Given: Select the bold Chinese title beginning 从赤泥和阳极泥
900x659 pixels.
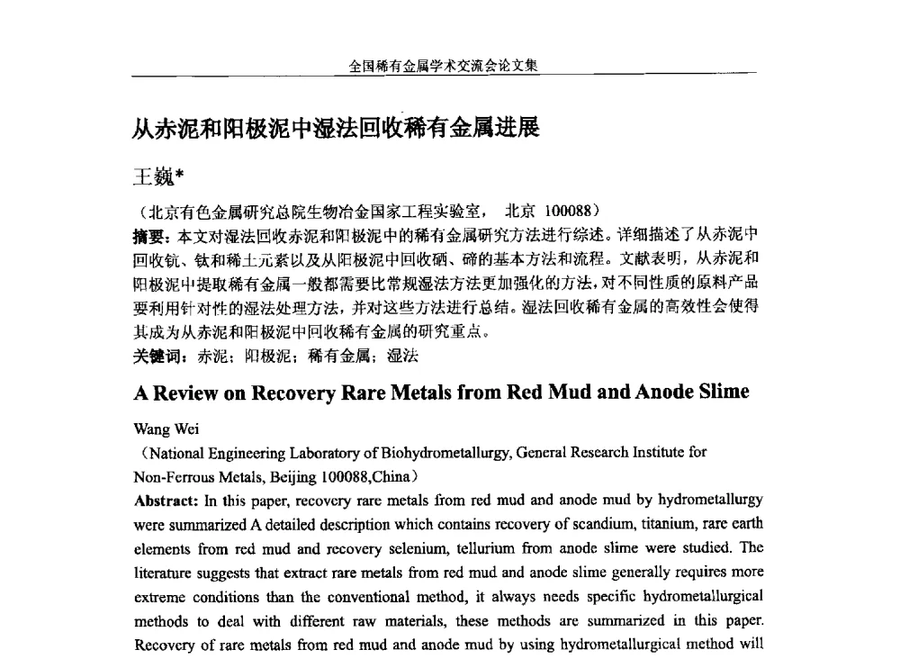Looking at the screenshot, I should tap(335, 129).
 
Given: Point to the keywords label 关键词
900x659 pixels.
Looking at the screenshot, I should tap(157, 356).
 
